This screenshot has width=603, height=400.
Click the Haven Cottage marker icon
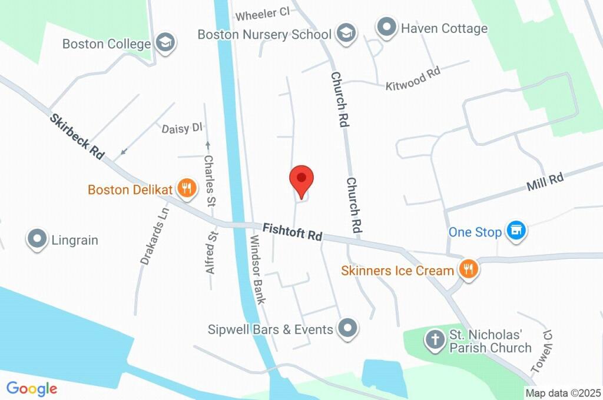386,27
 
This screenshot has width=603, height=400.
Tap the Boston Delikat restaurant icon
187,188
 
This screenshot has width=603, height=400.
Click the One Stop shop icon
516,231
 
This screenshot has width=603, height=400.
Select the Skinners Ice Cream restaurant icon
469,269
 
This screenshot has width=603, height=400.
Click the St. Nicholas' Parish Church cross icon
435,339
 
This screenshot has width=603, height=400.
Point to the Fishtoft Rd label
293,231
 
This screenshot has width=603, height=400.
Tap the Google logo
32,388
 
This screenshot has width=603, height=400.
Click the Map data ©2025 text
563,393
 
